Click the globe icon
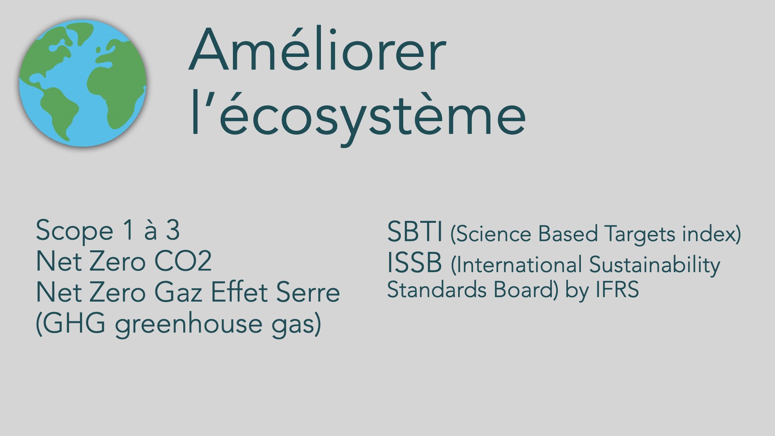(x=83, y=83)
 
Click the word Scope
(x=75, y=231)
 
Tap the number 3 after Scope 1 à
(x=173, y=230)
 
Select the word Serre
(x=308, y=292)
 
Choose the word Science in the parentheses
(x=494, y=234)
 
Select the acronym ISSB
(x=415, y=263)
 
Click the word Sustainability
(x=654, y=265)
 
